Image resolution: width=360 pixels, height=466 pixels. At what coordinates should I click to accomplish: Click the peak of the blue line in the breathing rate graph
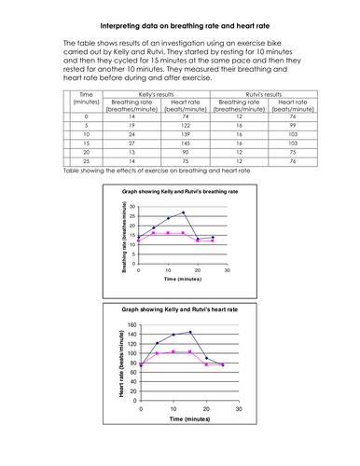tap(184, 212)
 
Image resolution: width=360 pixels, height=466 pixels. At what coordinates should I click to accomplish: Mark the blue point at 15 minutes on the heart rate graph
tap(190, 332)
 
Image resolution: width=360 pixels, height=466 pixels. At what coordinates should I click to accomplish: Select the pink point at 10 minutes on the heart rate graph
tap(173, 351)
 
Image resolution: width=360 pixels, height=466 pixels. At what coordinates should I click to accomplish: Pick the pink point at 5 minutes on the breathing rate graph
tap(153, 233)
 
